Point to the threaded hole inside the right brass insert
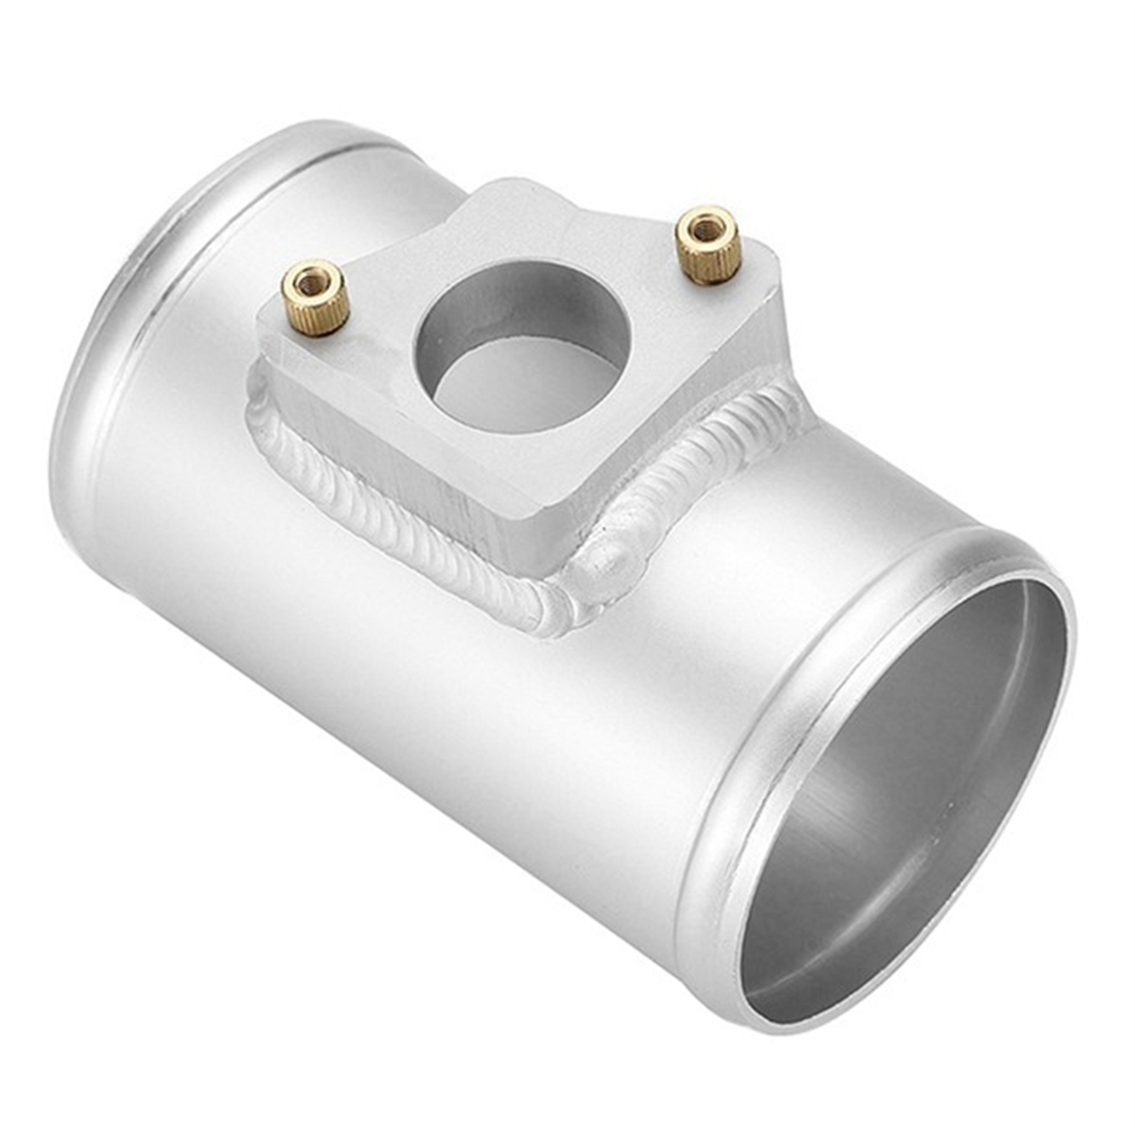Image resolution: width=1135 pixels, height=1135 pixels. point(705,228)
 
